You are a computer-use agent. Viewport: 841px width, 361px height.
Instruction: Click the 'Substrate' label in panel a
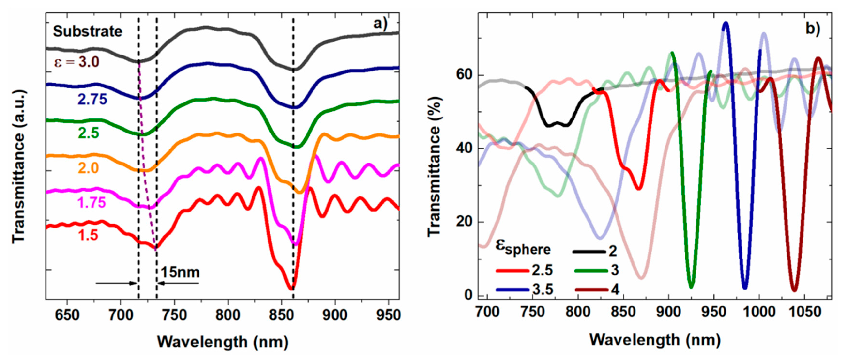87,32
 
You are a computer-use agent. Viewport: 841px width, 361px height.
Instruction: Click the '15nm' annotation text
180,272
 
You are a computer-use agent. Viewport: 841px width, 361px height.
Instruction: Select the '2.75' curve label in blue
92,99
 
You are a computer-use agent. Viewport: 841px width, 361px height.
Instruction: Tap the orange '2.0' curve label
88,168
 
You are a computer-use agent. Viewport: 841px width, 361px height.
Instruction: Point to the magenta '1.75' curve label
92,203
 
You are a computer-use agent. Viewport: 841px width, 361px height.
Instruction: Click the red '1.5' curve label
88,235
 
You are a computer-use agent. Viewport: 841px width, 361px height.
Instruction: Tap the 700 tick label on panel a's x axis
121,315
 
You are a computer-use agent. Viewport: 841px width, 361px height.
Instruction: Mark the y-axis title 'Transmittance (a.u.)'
19,167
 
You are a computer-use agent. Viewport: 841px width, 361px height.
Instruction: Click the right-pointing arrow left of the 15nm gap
116,283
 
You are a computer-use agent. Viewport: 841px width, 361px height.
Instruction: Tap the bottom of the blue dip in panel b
745,288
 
